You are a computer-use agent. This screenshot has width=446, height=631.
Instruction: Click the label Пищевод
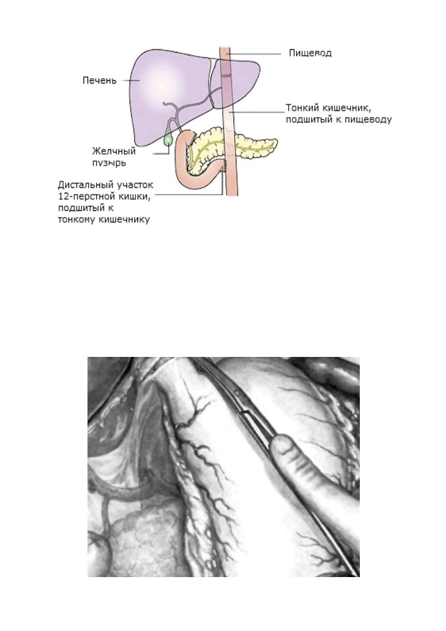[x=310, y=53]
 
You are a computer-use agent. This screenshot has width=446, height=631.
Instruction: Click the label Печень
[x=99, y=80]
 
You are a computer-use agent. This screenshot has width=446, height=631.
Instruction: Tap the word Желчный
[x=114, y=152]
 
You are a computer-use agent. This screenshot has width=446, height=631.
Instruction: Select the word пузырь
[x=109, y=163]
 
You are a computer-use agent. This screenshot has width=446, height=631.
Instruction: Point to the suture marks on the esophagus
[x=225, y=75]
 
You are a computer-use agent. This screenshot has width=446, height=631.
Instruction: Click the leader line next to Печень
[x=130, y=80]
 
